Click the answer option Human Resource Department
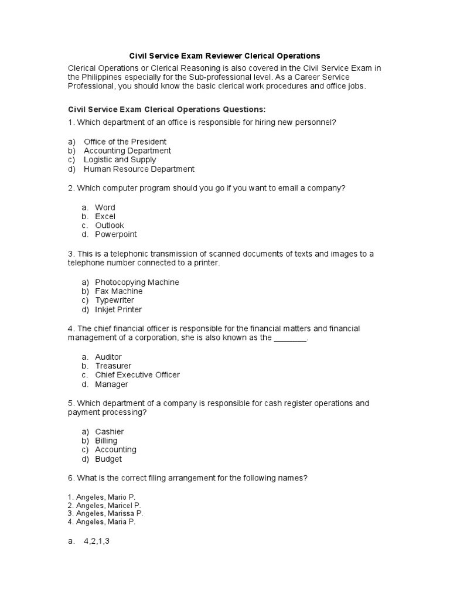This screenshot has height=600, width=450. pos(139,169)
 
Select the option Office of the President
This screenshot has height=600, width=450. pos(125,141)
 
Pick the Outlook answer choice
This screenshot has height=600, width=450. pos(110,225)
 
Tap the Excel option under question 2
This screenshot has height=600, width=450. pos(105,216)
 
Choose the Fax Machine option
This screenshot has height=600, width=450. pos(119,291)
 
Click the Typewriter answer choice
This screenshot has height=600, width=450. pos(115,300)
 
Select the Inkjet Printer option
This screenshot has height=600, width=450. pos(118,309)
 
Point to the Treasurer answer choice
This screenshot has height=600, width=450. pos(113,366)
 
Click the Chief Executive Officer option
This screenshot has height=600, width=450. pos(138,374)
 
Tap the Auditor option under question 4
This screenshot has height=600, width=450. pos(108,356)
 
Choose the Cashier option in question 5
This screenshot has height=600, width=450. pos(110,431)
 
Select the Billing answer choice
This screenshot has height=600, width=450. pos(106,441)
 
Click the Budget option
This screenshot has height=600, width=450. pos(108,459)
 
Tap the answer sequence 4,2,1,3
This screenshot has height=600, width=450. pos(97,541)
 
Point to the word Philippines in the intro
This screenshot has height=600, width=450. pos(104,77)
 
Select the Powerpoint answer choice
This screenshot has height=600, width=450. pos(116,234)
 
